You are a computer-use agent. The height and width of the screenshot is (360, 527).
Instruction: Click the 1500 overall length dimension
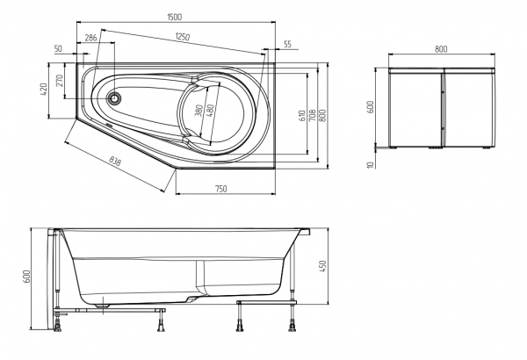click(x=175, y=17)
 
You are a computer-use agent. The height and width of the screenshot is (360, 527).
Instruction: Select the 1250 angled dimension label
click(x=183, y=37)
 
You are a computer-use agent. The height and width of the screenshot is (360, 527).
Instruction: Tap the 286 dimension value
click(x=90, y=38)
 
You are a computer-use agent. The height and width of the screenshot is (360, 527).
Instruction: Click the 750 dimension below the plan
click(x=220, y=189)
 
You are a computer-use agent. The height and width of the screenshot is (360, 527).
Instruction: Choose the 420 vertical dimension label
click(x=44, y=90)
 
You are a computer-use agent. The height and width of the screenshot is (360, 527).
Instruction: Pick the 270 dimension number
click(x=60, y=81)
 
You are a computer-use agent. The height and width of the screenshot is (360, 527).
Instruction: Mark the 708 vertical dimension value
click(x=312, y=115)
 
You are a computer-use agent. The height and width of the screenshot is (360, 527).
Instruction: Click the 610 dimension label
click(x=302, y=116)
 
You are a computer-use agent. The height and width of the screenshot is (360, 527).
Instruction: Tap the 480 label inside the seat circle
click(x=210, y=111)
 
